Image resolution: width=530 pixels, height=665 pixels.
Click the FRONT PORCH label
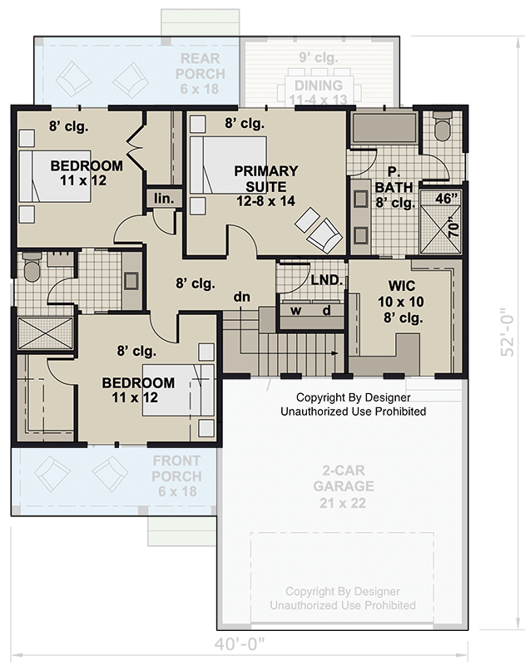(x=177, y=476)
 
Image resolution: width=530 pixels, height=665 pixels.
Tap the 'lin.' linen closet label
(x=161, y=199)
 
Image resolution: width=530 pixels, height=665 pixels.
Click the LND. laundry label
(x=326, y=280)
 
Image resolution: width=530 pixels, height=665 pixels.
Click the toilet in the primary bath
(x=442, y=127)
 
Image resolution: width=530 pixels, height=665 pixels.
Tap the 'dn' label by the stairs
(x=242, y=297)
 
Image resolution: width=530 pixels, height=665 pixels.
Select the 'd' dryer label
(x=327, y=311)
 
